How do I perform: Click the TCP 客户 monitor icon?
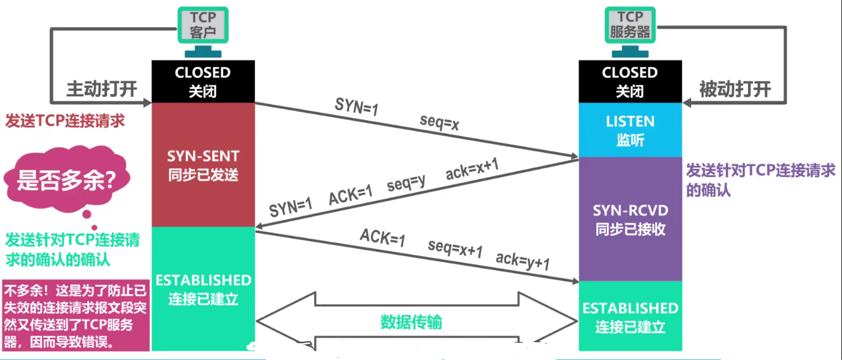tap(203, 25)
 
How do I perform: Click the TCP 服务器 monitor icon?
tap(630, 25)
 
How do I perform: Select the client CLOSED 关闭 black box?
tap(203, 81)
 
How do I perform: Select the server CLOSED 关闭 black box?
tap(630, 81)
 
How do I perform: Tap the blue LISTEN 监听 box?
tap(630, 130)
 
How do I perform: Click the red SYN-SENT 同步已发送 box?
tap(203, 164)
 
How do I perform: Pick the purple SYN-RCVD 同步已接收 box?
tap(630, 219)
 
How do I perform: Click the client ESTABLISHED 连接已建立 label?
tap(203, 289)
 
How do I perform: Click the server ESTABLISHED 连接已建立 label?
tap(630, 317)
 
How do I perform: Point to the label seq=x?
tap(440, 122)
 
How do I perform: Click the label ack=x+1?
tap(472, 169)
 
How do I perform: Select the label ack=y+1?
tap(523, 260)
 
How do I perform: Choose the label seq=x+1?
tap(455, 248)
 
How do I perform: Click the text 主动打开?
tap(101, 89)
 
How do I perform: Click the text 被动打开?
tap(735, 89)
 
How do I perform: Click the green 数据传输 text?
tap(411, 322)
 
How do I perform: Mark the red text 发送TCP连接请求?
tap(65, 121)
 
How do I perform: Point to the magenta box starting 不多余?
tap(75, 316)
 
